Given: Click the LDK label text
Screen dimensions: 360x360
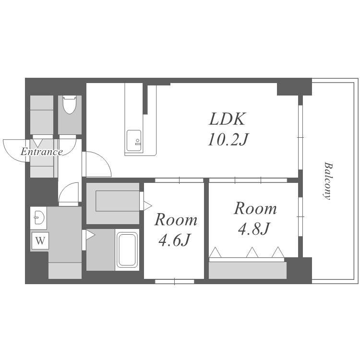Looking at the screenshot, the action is pyautogui.click(x=227, y=119).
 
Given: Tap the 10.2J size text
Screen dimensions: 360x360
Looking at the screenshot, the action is pyautogui.click(x=228, y=140).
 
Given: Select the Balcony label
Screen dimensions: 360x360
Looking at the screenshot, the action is pyautogui.click(x=327, y=181).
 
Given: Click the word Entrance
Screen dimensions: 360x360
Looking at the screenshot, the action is pyautogui.click(x=42, y=152).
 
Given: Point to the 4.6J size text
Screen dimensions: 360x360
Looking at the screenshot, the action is pyautogui.click(x=175, y=240).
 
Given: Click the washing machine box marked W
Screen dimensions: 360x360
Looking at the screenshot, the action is pyautogui.click(x=40, y=240).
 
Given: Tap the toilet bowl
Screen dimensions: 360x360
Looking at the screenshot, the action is pyautogui.click(x=69, y=105).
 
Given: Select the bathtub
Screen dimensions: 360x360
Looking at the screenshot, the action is pyautogui.click(x=127, y=250).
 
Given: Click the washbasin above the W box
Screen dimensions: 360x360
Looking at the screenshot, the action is pyautogui.click(x=38, y=217).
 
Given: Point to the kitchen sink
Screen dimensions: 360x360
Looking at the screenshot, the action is pyautogui.click(x=134, y=141).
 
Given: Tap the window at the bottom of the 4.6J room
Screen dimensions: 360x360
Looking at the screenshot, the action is pyautogui.click(x=175, y=281).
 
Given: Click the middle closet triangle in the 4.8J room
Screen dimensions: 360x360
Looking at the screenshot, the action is pyautogui.click(x=252, y=252).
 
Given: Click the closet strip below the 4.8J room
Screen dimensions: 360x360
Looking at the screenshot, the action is pyautogui.click(x=248, y=270).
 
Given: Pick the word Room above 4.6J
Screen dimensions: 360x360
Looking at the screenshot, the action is pyautogui.click(x=176, y=220).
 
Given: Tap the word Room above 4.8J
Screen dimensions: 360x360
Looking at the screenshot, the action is pyautogui.click(x=255, y=208).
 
